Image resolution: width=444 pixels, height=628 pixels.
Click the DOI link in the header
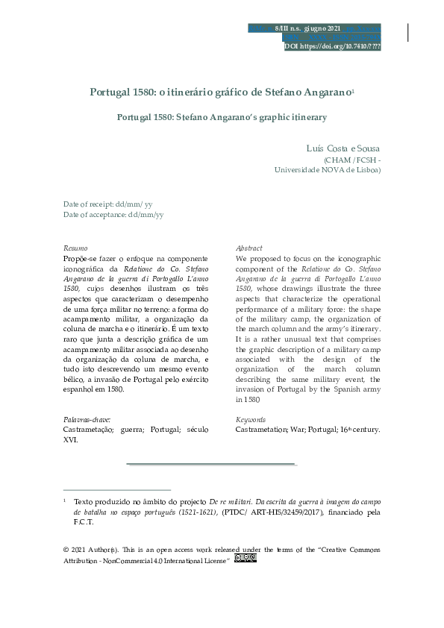(x=332, y=46)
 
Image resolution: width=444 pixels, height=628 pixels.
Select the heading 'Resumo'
(x=75, y=248)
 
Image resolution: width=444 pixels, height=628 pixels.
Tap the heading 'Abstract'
(x=248, y=248)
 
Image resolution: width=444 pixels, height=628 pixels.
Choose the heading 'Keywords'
(x=251, y=420)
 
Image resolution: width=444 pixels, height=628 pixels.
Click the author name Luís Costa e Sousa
(x=343, y=149)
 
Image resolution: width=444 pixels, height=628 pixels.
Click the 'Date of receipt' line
(x=108, y=204)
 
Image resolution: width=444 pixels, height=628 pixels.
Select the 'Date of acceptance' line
(x=113, y=214)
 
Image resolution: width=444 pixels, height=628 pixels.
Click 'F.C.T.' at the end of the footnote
(x=83, y=522)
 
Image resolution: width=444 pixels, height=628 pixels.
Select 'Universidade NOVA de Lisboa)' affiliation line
(x=328, y=170)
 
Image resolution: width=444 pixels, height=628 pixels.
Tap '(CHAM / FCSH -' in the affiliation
(x=351, y=160)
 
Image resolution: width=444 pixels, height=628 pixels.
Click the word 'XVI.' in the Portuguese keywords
(x=71, y=440)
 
